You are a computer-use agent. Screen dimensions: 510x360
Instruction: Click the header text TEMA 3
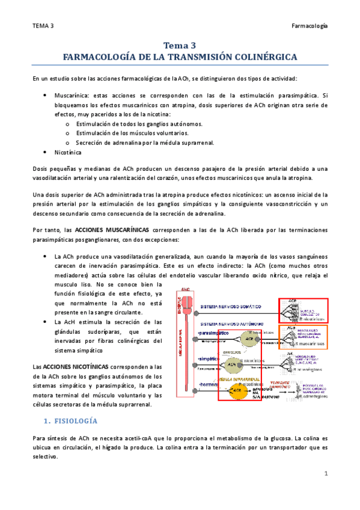point(43,26)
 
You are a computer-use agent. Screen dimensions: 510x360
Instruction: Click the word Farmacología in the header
point(310,26)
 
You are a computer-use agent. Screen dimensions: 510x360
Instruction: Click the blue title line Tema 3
point(180,45)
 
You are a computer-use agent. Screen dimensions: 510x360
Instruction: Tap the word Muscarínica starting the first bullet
point(72,96)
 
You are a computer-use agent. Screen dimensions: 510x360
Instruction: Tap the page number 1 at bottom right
point(326,474)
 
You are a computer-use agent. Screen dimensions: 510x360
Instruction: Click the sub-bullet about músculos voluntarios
point(132,133)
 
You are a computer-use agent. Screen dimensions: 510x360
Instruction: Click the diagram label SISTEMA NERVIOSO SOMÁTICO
point(231,306)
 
